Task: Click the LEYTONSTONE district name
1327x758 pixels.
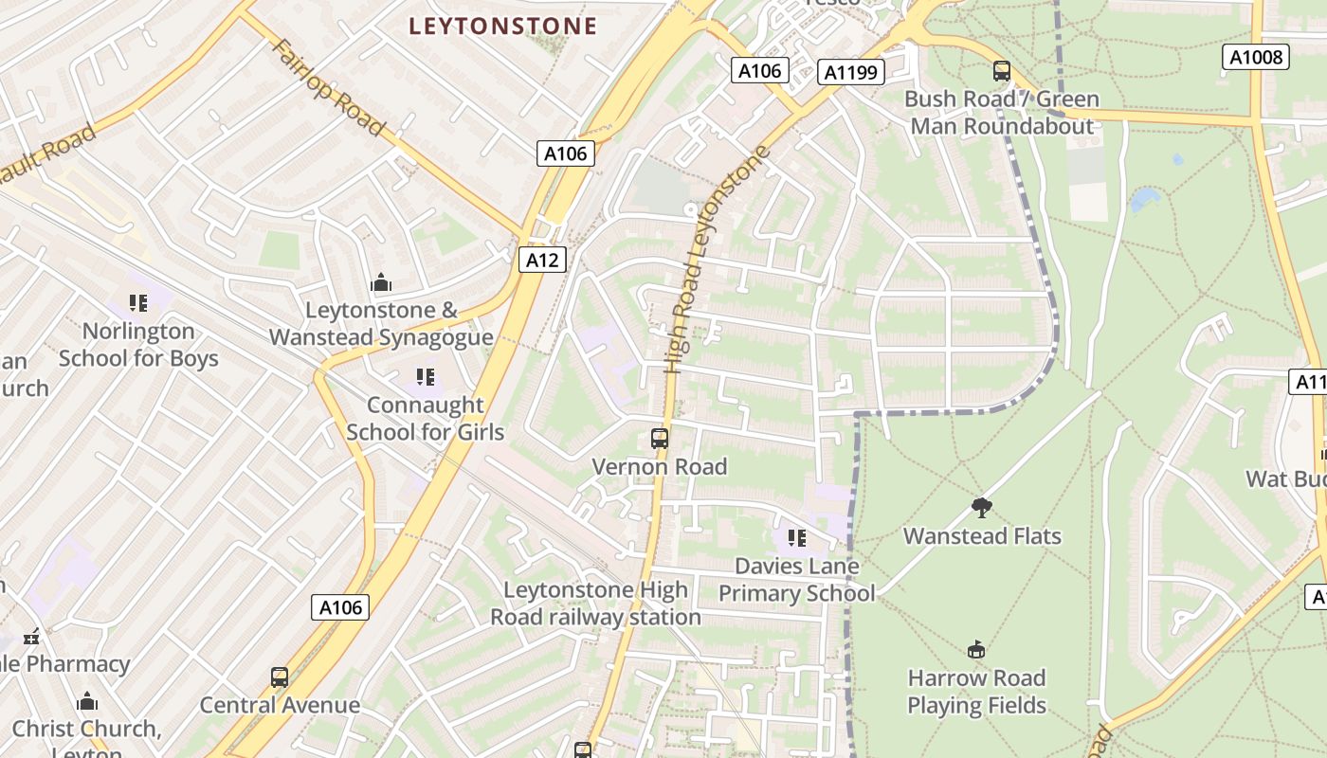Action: pos(503,26)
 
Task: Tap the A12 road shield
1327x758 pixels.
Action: pos(542,260)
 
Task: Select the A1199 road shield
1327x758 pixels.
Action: pos(851,72)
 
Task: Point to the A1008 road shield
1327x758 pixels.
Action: pos(1256,57)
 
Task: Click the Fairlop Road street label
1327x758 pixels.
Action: pos(328,87)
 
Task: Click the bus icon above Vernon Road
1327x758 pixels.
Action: pos(660,439)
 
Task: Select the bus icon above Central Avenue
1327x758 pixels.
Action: pos(280,677)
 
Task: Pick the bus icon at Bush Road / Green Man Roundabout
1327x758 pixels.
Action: pos(1002,71)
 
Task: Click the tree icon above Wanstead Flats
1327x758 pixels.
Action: pos(982,508)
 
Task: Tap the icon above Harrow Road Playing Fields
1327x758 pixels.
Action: pos(976,650)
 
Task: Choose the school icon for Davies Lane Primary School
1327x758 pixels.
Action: pos(797,538)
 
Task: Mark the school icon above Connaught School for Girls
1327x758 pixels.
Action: pos(426,377)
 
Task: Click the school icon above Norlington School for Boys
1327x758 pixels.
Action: pos(138,303)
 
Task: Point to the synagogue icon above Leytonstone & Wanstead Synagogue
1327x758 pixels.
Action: pos(381,282)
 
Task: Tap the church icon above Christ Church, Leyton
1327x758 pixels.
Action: pos(87,701)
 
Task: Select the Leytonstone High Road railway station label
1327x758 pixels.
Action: pos(595,604)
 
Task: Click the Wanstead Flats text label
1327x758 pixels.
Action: pos(982,536)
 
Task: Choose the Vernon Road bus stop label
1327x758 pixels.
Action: pos(660,467)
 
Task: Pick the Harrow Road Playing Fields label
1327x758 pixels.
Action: pos(976,692)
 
